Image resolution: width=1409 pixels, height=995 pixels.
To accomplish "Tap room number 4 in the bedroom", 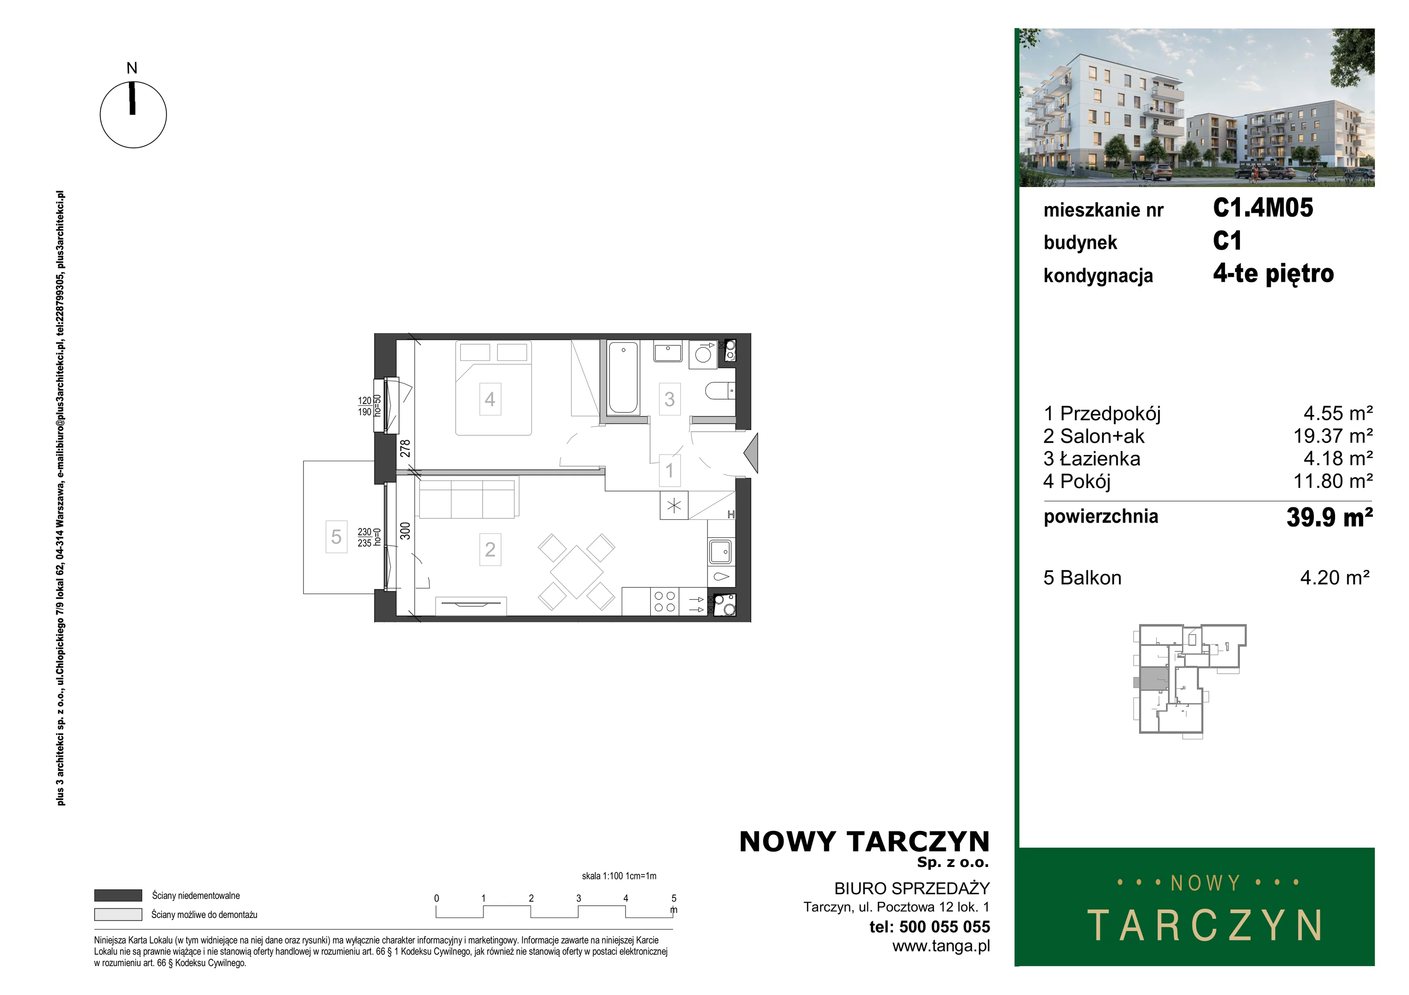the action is pyautogui.click(x=490, y=399).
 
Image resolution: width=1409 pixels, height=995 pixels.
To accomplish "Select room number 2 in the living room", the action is pyautogui.click(x=490, y=549).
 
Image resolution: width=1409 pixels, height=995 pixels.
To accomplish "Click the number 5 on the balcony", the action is pyautogui.click(x=336, y=537).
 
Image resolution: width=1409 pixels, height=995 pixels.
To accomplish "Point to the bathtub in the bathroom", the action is pyautogui.click(x=623, y=377).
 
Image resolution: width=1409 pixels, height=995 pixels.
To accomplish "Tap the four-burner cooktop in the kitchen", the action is pyautogui.click(x=664, y=602).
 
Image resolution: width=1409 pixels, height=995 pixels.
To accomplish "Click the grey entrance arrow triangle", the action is pyautogui.click(x=751, y=453).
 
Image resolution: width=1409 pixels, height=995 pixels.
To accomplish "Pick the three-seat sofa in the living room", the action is pyautogui.click(x=468, y=499).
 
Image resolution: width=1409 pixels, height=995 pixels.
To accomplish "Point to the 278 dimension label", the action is pyautogui.click(x=405, y=448).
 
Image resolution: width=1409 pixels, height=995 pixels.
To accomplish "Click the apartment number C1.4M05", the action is pyautogui.click(x=1263, y=208).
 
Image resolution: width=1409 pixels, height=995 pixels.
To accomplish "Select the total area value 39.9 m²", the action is pyautogui.click(x=1329, y=517).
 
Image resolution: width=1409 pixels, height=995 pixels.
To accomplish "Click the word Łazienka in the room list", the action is pyautogui.click(x=1100, y=459).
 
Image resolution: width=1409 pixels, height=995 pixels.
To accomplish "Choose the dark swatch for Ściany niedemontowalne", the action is pyautogui.click(x=118, y=896).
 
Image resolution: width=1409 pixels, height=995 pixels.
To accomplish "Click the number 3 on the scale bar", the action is pyautogui.click(x=579, y=898).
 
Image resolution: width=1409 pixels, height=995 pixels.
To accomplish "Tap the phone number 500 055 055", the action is pyautogui.click(x=945, y=927).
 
